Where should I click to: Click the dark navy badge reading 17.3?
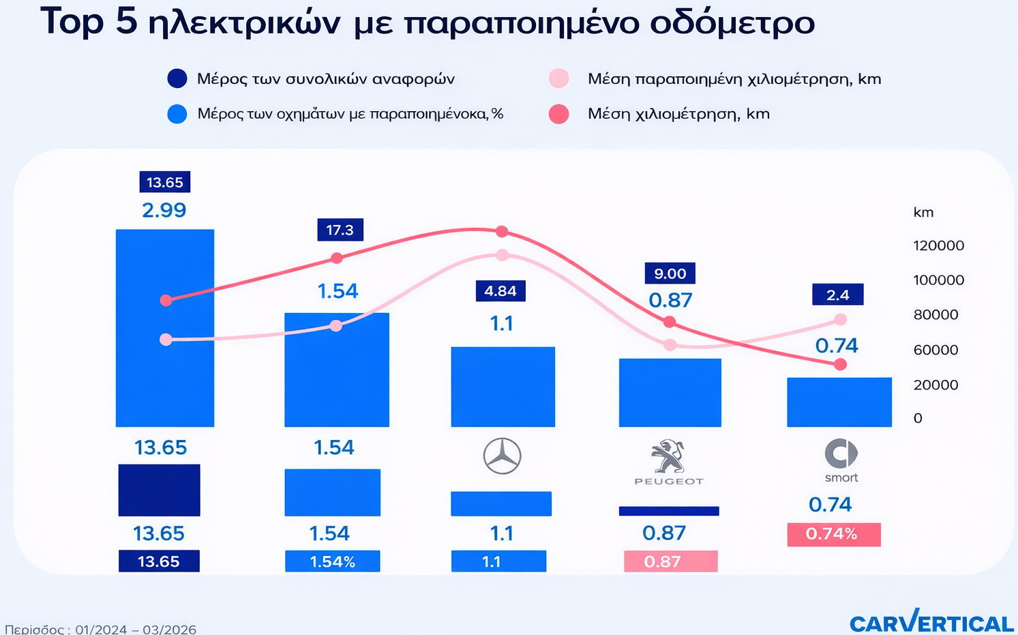click(x=340, y=230)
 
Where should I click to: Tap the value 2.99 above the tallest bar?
click(x=164, y=210)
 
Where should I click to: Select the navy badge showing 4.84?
click(x=500, y=291)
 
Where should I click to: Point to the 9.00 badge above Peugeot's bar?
click(x=670, y=274)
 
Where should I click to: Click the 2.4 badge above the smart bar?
click(x=837, y=295)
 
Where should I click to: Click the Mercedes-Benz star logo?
click(x=502, y=456)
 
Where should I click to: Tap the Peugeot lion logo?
click(x=668, y=457)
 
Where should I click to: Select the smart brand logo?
click(x=841, y=454)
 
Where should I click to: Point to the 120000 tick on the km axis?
click(x=938, y=246)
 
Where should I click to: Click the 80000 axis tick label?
click(x=935, y=314)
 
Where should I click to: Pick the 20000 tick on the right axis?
click(x=935, y=385)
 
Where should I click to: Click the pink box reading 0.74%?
click(x=833, y=534)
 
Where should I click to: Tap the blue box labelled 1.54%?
click(x=332, y=561)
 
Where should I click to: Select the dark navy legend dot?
click(x=177, y=78)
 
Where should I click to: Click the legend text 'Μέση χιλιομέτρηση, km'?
click(x=678, y=114)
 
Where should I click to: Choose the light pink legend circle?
click(x=558, y=78)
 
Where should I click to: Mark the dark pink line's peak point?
click(x=502, y=232)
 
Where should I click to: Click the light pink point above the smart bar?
click(x=840, y=319)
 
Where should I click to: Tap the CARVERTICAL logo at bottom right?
click(x=931, y=622)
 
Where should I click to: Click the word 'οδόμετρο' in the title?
click(x=732, y=23)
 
